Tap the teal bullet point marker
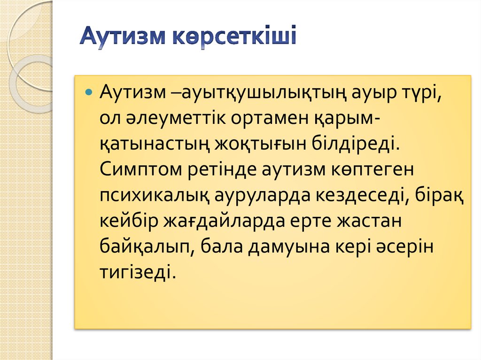tap(88, 91)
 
